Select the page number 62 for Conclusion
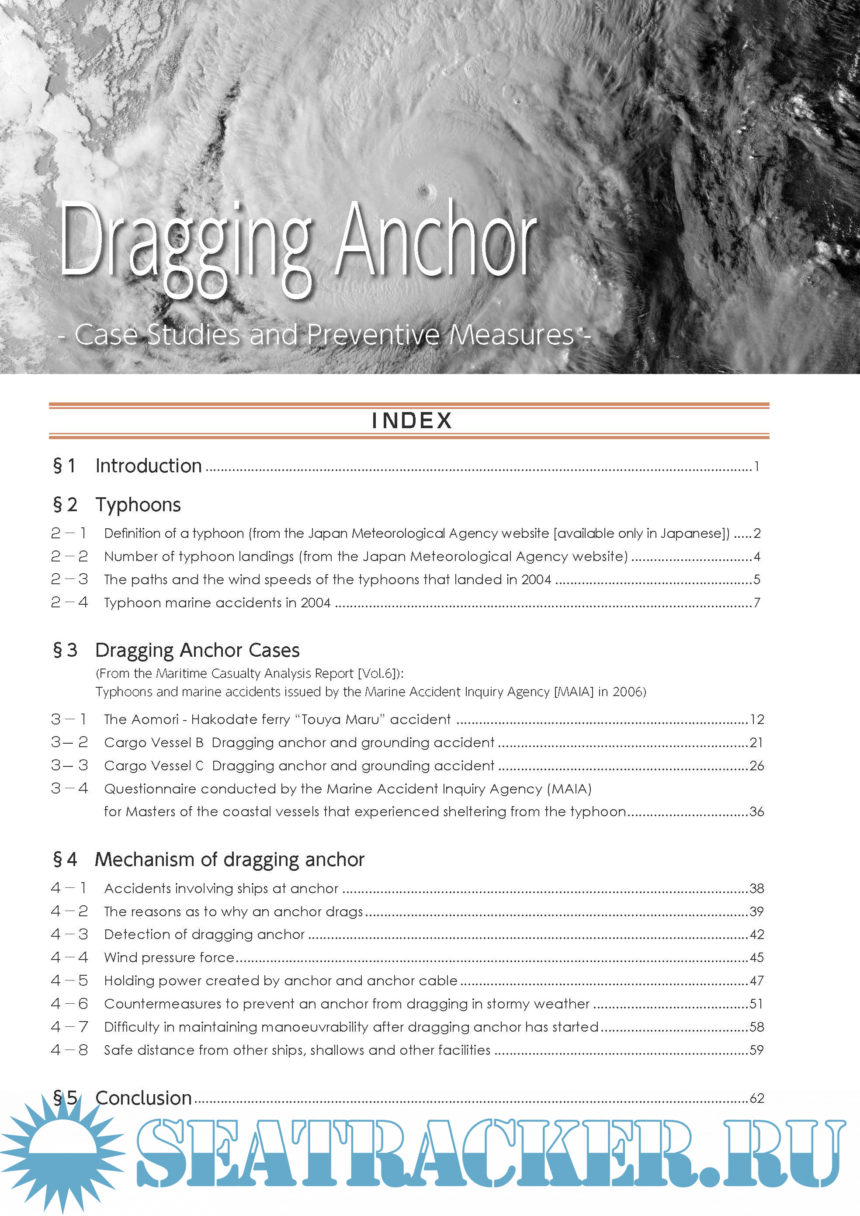pos(757,1098)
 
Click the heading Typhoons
pos(138,505)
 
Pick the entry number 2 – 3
pos(69,579)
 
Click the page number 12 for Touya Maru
pos(757,719)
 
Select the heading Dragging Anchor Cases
pos(197,650)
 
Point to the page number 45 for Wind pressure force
pos(757,957)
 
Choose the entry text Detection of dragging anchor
pos(205,934)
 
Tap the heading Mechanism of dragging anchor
pos(229,859)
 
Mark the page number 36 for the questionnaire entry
pos(757,811)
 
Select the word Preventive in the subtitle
pos(373,335)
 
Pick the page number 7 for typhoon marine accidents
pos(757,603)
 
